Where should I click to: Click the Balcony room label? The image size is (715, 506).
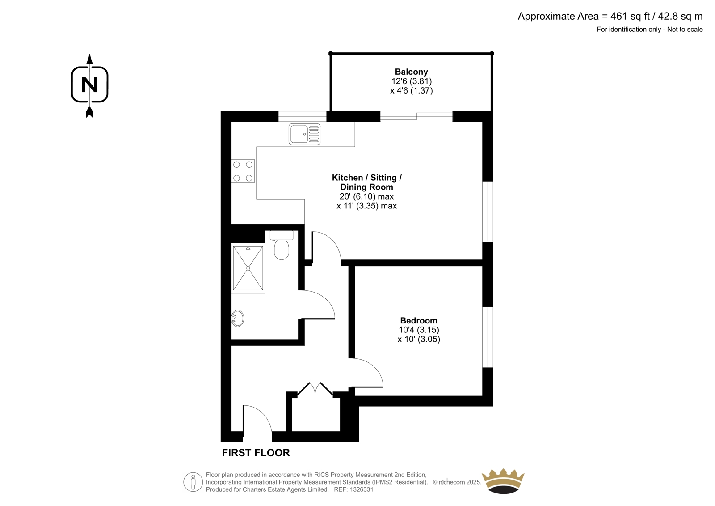[411, 72]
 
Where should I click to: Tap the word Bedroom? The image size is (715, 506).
[418, 320]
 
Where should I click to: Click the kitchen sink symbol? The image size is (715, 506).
[304, 134]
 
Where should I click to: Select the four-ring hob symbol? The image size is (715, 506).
[243, 171]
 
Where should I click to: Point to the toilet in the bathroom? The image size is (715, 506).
[282, 245]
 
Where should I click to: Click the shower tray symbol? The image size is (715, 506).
[248, 268]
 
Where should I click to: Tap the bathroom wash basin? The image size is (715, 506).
[237, 319]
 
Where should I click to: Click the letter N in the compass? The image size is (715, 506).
[90, 85]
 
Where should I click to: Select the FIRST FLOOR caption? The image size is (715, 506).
[256, 453]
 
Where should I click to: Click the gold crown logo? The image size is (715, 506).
[503, 481]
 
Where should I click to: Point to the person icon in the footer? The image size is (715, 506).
[193, 482]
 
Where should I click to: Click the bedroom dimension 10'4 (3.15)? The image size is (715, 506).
[419, 330]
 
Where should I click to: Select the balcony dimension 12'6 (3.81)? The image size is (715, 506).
[412, 81]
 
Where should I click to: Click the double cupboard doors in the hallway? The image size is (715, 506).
[315, 389]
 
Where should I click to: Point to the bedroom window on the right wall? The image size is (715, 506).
[488, 337]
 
